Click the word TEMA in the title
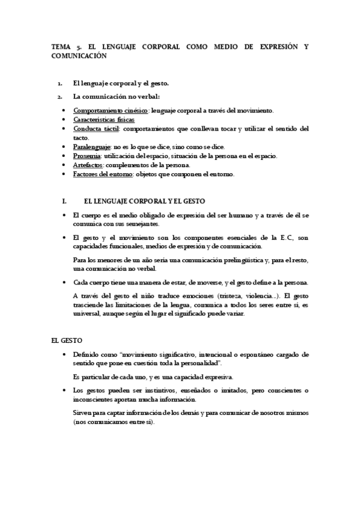pyautogui.click(x=61, y=46)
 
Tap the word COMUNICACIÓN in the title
pyautogui.click(x=79, y=55)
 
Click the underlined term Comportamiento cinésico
pyautogui.click(x=111, y=111)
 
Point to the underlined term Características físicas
pyautogui.click(x=104, y=120)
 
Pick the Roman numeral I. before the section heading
pyautogui.click(x=56, y=203)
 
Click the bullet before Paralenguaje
pyautogui.click(x=64, y=147)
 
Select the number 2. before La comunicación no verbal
pyautogui.click(x=59, y=96)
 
